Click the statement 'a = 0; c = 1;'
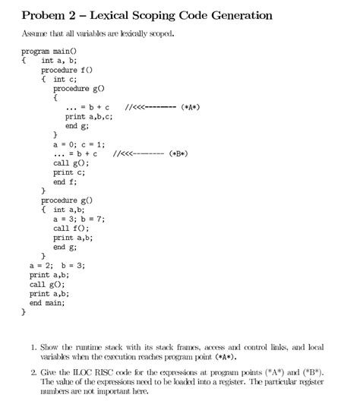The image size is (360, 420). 79,144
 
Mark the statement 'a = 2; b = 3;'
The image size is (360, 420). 57,266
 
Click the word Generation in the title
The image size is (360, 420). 235,15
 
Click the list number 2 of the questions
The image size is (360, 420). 34,373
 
